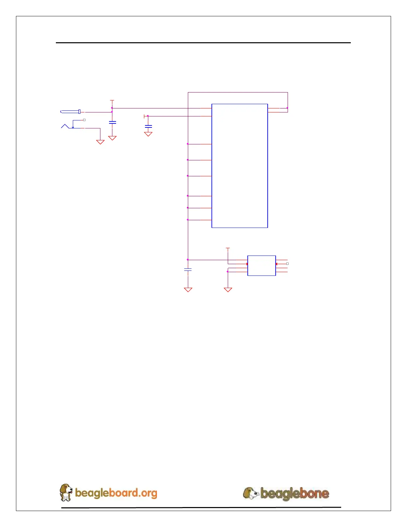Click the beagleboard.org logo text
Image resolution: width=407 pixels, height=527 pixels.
pyautogui.click(x=116, y=493)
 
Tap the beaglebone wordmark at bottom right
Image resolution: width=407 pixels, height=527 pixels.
pyautogui.click(x=295, y=493)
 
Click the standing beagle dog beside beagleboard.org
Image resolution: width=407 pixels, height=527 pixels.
pyautogui.click(x=66, y=492)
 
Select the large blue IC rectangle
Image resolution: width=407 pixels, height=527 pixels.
pyautogui.click(x=239, y=166)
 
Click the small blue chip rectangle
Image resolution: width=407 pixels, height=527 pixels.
pyautogui.click(x=261, y=265)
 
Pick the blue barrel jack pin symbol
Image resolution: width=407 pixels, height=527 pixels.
pyautogui.click(x=70, y=112)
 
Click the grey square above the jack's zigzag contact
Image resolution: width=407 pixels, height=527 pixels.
pyautogui.click(x=84, y=120)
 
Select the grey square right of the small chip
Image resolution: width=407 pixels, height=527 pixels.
pyautogui.click(x=287, y=263)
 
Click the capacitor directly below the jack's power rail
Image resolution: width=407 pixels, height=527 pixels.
pyautogui.click(x=112, y=122)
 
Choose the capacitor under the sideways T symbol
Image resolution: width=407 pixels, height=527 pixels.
pyautogui.click(x=148, y=126)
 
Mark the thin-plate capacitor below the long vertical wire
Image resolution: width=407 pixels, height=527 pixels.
pyautogui.click(x=188, y=269)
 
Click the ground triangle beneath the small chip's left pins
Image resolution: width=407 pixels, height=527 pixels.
pyautogui.click(x=228, y=290)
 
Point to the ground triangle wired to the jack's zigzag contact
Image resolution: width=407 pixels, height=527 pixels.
pyautogui.click(x=100, y=142)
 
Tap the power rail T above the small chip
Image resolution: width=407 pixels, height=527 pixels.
pyautogui.click(x=228, y=248)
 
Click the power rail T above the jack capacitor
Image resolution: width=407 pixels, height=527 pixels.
pyautogui.click(x=112, y=100)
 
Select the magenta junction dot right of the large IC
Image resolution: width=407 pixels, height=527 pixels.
pyautogui.click(x=287, y=108)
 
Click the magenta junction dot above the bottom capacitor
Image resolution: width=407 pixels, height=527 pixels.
pyautogui.click(x=188, y=260)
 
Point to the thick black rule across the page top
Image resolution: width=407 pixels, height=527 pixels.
pyautogui.click(x=203, y=43)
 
